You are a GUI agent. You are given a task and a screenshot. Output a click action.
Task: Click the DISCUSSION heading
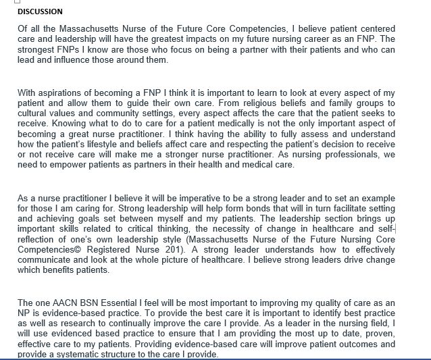click(x=40, y=11)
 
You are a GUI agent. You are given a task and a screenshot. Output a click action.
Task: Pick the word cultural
click(x=32, y=113)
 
